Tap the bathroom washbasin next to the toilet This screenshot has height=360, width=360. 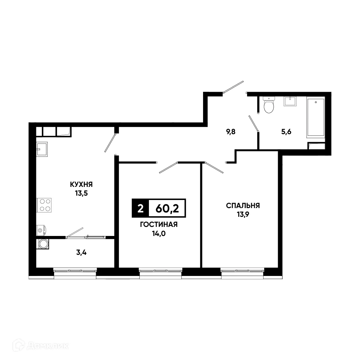289,101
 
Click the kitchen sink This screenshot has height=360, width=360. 42,149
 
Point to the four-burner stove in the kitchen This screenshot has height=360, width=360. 44,205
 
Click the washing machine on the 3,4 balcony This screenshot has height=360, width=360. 43,244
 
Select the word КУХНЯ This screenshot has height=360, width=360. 81,184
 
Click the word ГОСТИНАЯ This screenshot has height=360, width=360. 159,225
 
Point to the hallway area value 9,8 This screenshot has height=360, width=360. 231,132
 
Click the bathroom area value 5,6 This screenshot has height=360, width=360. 286,132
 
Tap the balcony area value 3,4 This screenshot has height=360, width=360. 82,253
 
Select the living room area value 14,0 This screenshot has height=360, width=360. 159,234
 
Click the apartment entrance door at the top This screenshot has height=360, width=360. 233,86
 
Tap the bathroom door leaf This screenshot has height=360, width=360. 253,123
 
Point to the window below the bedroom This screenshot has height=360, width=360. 242,271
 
